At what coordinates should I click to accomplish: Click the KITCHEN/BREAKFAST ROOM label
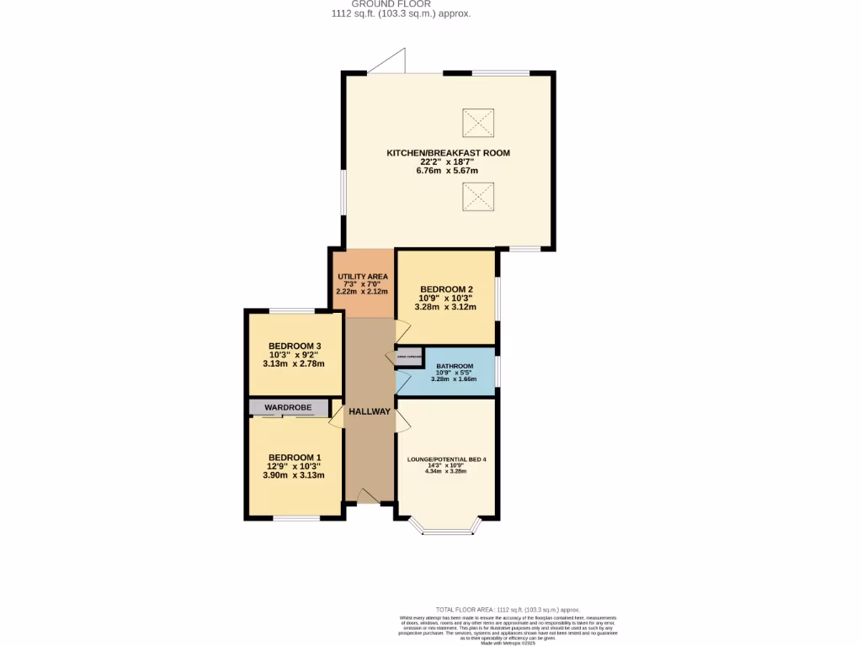(x=448, y=153)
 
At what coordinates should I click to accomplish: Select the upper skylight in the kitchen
(x=477, y=123)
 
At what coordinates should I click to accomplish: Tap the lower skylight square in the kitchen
(x=477, y=197)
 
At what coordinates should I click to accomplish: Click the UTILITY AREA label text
(x=362, y=277)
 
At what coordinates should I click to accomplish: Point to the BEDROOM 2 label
(x=445, y=289)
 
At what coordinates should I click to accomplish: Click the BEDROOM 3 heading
(x=295, y=346)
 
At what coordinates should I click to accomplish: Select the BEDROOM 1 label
(x=295, y=458)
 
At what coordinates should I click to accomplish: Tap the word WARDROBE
(x=288, y=408)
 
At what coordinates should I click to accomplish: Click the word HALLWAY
(x=370, y=411)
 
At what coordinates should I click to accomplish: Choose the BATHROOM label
(x=454, y=367)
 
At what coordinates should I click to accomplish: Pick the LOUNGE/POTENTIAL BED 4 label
(x=447, y=459)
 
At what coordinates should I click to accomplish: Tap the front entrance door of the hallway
(x=368, y=498)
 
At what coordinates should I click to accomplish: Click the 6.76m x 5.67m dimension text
(x=447, y=171)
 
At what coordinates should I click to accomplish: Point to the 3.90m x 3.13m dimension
(x=294, y=475)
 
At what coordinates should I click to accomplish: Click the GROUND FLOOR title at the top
(x=401, y=4)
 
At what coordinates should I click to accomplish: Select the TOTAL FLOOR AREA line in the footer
(x=508, y=609)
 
